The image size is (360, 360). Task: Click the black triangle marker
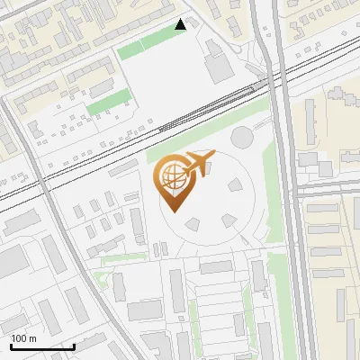(181, 24)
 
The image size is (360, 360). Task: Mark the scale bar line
(42, 346)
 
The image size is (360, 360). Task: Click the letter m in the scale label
(31, 338)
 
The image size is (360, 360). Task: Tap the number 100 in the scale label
(19, 338)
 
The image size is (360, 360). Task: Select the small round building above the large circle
(242, 138)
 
